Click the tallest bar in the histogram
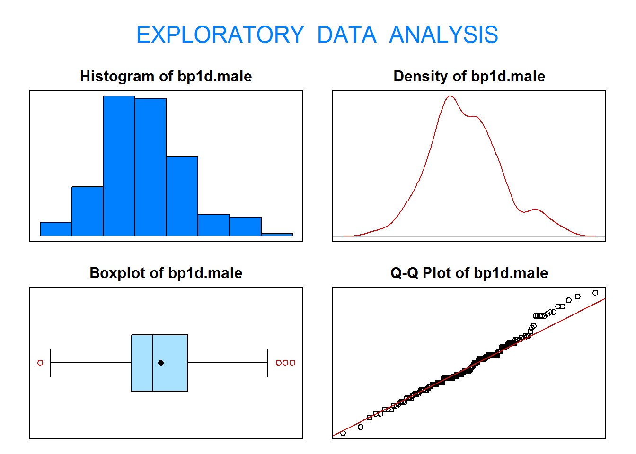[119, 166]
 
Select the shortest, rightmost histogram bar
[277, 235]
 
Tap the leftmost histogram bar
[56, 229]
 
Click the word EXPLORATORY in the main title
[220, 35]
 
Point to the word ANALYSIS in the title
[443, 35]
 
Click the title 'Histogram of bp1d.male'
[166, 76]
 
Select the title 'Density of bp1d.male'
[469, 76]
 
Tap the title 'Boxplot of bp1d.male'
[166, 273]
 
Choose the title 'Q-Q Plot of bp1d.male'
[469, 273]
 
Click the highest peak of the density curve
[450, 96]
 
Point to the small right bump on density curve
[536, 210]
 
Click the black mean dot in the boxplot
[161, 363]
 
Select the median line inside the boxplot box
[152, 363]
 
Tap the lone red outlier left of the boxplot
[40, 363]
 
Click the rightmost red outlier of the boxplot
[292, 363]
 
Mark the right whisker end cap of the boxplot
[268, 363]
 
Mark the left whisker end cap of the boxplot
[51, 363]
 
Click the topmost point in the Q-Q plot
[595, 293]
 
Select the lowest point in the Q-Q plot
[343, 433]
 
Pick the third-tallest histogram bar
[182, 196]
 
